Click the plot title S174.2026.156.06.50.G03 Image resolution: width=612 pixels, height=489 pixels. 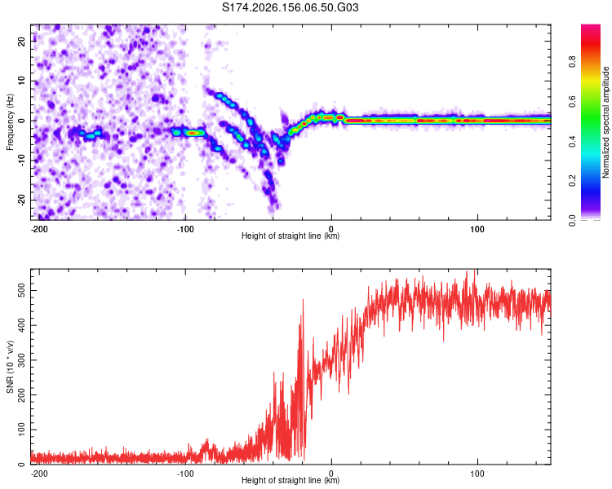point(290,7)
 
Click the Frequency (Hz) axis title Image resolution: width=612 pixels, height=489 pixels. point(10,122)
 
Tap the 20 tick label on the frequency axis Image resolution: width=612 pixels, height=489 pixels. point(21,41)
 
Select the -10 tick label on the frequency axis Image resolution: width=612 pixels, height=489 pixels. point(21,160)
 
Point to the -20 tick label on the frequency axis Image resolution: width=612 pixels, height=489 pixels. point(21,200)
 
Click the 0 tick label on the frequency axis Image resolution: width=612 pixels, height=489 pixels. point(21,121)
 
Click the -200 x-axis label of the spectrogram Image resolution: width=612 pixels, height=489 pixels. point(39,229)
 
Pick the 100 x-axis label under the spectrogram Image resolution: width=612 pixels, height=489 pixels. point(477,229)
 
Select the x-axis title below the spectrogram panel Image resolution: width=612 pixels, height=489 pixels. point(290,236)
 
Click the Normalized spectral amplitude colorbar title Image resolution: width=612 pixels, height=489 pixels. point(605,122)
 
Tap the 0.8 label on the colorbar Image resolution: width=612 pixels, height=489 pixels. point(573,61)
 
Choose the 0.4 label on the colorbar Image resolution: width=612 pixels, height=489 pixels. point(573,141)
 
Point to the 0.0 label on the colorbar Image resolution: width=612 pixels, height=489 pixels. point(573,220)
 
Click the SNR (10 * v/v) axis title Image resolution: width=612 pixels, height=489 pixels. point(10,367)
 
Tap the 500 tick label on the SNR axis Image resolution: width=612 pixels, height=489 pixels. point(21,290)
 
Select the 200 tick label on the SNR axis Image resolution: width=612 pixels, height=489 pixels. point(21,394)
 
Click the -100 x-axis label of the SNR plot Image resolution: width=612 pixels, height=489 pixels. point(185,474)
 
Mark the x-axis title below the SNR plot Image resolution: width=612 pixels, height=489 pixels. point(290,480)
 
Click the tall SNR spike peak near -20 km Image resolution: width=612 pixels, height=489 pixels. point(303,299)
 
